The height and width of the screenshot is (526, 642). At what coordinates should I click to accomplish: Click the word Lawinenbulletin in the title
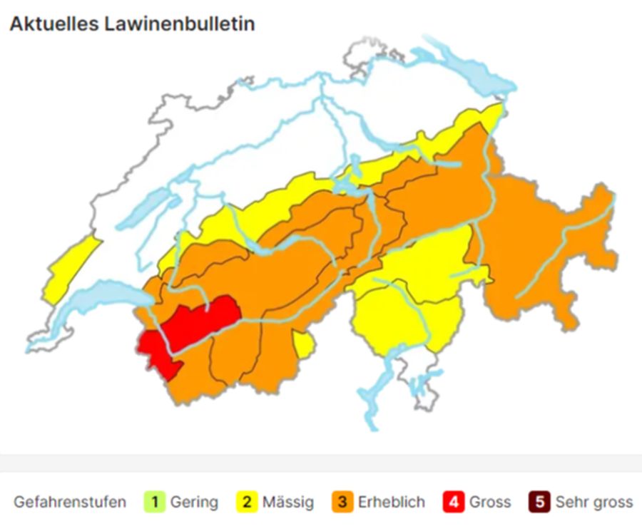tap(180, 24)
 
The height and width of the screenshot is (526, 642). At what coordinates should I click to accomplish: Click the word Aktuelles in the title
tap(55, 24)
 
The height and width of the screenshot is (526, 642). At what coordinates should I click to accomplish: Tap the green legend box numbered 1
tap(154, 502)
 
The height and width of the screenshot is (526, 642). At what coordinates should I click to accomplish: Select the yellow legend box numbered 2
tap(247, 502)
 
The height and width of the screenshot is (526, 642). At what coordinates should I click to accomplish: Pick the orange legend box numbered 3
tap(342, 502)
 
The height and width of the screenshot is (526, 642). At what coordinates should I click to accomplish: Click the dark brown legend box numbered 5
tap(539, 502)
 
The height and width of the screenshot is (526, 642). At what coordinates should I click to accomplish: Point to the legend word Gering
tap(194, 502)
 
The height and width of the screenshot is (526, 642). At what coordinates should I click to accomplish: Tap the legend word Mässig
tap(287, 502)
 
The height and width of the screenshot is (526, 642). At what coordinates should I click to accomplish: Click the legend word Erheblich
tap(391, 502)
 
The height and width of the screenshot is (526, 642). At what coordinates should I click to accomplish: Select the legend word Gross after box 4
tap(490, 502)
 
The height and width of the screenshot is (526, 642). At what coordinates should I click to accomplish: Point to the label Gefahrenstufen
tap(69, 502)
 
